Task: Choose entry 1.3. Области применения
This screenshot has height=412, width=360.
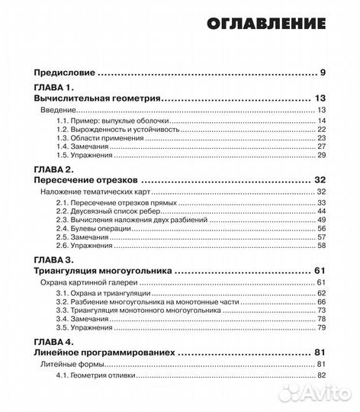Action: pos(99,138)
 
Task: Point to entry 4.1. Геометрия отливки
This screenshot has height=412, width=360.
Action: pos(103,375)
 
